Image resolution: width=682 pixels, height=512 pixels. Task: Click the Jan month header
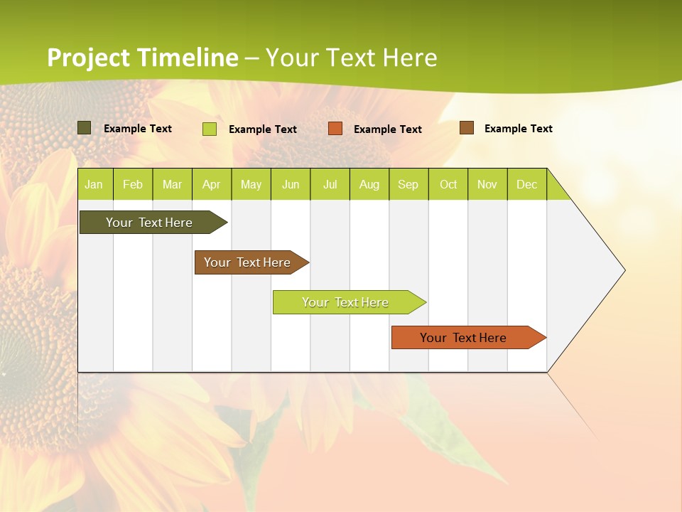click(x=94, y=184)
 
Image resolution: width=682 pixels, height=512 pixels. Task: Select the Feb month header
click(x=133, y=184)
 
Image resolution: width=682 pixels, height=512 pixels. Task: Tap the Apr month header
click(x=211, y=184)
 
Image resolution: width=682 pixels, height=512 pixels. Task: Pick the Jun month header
click(x=290, y=184)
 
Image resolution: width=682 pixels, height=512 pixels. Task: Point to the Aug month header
click(x=369, y=184)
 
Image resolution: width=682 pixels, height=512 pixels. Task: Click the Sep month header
click(x=408, y=184)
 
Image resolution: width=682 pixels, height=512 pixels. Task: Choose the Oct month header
click(x=448, y=184)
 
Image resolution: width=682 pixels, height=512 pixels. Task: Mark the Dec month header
click(x=526, y=184)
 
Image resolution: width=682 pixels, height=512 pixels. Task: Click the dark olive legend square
click(x=85, y=128)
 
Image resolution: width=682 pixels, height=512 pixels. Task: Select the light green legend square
click(x=210, y=129)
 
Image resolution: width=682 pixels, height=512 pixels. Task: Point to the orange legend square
click(x=335, y=129)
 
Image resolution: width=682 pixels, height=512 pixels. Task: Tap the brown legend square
click(x=466, y=128)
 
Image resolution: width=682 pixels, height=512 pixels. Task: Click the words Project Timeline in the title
click(x=142, y=58)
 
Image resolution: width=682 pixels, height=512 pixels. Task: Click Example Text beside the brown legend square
click(x=518, y=129)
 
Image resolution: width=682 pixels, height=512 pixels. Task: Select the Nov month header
click(x=487, y=184)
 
